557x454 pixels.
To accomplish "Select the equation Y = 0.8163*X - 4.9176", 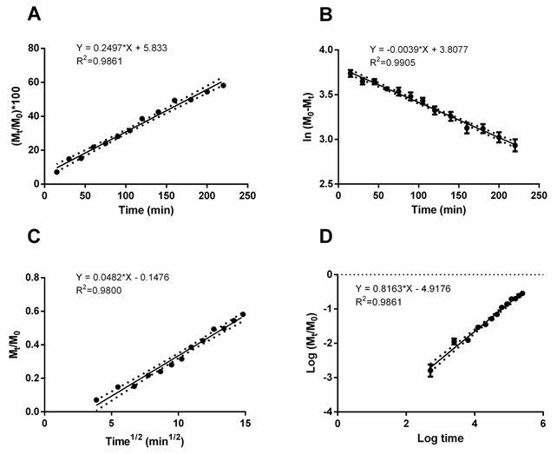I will click(416, 289).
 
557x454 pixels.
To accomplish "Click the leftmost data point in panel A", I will click(57, 172).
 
